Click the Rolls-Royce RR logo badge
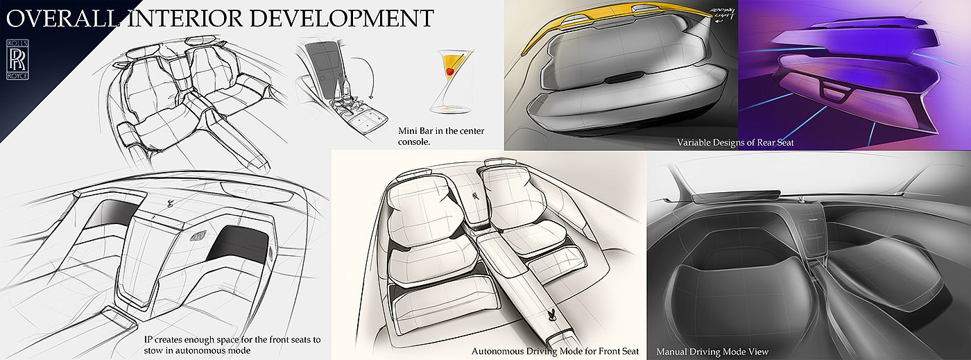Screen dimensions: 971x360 click(x=18, y=60)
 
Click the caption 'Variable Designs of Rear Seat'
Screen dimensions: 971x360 click(x=735, y=142)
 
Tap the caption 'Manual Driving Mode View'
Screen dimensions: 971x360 click(x=712, y=352)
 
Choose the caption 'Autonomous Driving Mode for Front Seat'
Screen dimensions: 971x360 click(x=555, y=352)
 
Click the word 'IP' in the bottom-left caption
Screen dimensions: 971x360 click(x=142, y=341)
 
